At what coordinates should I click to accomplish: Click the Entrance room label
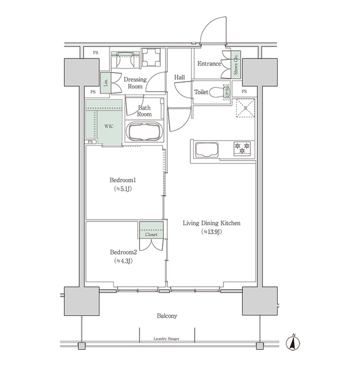click(209, 64)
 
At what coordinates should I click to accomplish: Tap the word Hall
click(179, 77)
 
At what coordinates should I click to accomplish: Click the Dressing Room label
click(135, 83)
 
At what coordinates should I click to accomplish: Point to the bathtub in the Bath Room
click(144, 132)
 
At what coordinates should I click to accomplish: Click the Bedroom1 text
click(122, 181)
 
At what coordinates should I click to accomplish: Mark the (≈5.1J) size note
click(122, 190)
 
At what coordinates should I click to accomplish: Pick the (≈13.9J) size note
click(211, 232)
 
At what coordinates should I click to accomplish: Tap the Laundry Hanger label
click(167, 339)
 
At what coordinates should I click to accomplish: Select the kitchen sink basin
click(206, 150)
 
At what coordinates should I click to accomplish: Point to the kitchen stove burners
click(241, 148)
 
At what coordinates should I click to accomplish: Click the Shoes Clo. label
click(236, 67)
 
